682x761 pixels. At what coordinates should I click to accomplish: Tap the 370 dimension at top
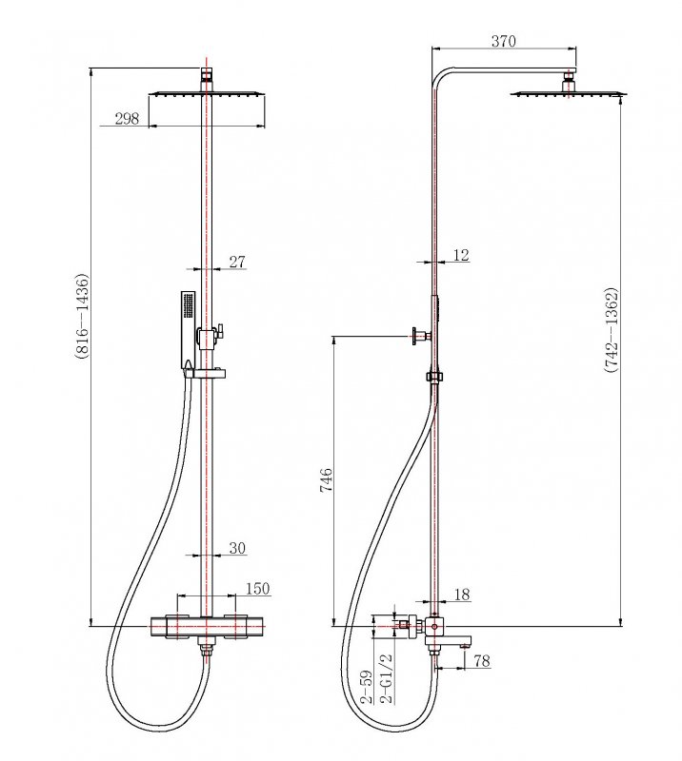(504, 40)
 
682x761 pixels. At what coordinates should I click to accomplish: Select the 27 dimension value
(238, 263)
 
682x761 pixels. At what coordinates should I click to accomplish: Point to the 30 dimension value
(237, 548)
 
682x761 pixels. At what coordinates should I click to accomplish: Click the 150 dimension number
(257, 590)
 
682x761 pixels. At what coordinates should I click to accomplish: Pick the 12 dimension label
(461, 255)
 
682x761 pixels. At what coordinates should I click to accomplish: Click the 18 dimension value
(463, 595)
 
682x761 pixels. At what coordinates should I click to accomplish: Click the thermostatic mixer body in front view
(206, 627)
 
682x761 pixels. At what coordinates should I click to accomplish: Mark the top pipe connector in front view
(206, 75)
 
